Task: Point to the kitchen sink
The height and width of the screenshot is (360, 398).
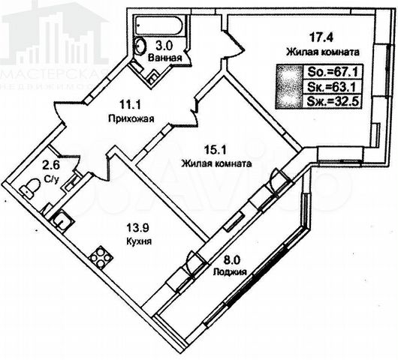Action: [x=62, y=220]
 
